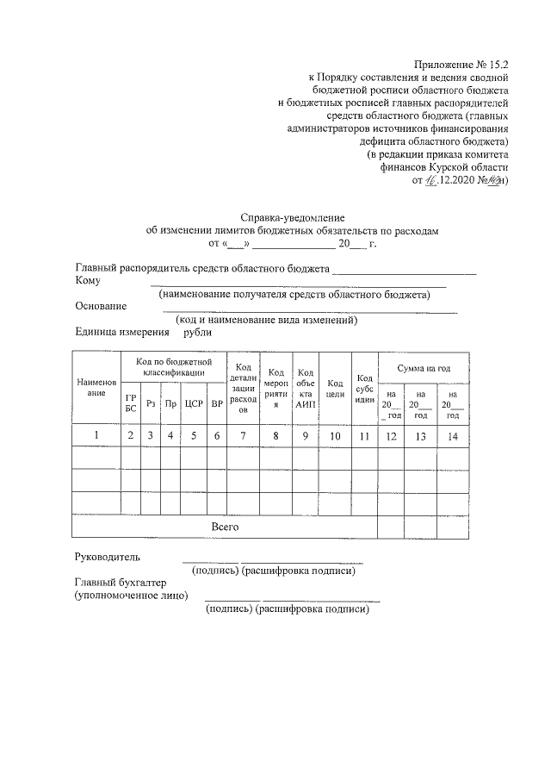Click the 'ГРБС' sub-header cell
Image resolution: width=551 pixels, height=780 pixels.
(131, 402)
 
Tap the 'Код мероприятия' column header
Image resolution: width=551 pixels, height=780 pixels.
(276, 387)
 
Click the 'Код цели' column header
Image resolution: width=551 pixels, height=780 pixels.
(336, 388)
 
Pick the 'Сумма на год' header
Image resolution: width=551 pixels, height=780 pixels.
(424, 368)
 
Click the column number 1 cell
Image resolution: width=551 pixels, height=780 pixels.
(96, 435)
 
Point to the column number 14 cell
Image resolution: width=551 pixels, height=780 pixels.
(453, 435)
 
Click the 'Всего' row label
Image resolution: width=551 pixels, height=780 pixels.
(225, 526)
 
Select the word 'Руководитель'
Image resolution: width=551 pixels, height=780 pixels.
(107, 557)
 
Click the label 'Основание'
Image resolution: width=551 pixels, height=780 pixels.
(101, 306)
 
